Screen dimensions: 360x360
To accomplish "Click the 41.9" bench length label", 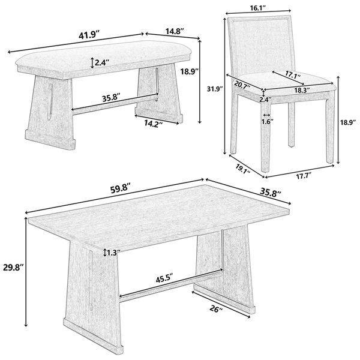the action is tap(89, 35).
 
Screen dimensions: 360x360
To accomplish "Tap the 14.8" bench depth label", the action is tap(175, 31).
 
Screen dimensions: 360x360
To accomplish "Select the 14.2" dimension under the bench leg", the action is tap(154, 124).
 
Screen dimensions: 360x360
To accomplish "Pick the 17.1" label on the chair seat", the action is tap(293, 74).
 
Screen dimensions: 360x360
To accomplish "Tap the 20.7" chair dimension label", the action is tap(242, 85).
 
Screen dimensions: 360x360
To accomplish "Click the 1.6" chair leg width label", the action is tap(267, 121).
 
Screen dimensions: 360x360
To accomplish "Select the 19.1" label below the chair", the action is tap(242, 169).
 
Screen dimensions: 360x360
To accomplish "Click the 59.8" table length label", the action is tap(121, 190).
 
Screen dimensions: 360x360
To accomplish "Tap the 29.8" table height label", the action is tap(14, 268).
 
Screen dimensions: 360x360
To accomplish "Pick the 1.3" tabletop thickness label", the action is tap(113, 253).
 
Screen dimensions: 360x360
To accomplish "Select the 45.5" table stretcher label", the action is tap(164, 280).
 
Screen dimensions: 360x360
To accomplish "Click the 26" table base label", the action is tap(216, 309).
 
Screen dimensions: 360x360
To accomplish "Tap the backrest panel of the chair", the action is tap(261, 46).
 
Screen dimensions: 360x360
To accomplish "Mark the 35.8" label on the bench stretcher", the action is tap(111, 98).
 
